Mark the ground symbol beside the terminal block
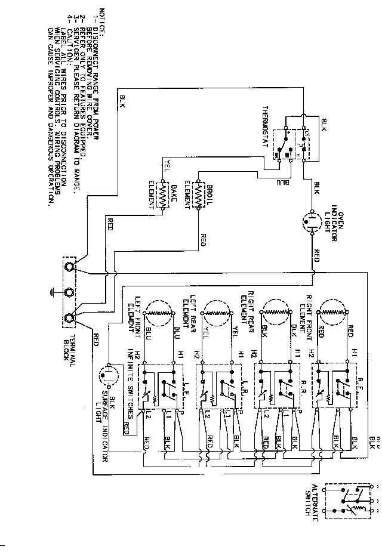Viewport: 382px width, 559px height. click(x=54, y=292)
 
